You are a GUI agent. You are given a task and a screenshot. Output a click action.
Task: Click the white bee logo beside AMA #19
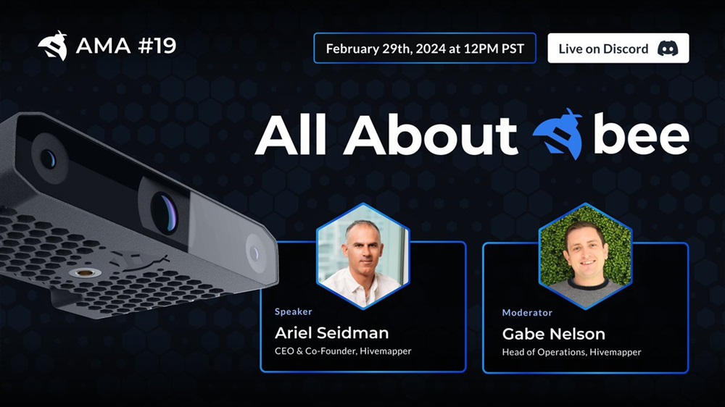[53, 46]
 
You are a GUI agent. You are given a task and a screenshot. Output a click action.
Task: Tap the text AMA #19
[125, 46]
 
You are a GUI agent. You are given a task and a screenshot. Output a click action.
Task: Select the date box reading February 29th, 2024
[425, 48]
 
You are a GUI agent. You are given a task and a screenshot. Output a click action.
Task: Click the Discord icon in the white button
[668, 48]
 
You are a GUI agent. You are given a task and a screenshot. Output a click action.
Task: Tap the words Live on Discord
[603, 49]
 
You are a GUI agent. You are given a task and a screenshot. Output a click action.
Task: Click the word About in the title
[430, 135]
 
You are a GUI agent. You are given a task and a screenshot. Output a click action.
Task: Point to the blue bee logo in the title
[558, 134]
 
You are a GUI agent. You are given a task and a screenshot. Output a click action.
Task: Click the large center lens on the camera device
[165, 212]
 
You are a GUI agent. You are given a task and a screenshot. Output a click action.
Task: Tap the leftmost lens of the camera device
[48, 159]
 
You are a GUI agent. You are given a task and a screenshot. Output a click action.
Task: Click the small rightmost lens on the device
[254, 253]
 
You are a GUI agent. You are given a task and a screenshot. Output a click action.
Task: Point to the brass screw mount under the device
[85, 272]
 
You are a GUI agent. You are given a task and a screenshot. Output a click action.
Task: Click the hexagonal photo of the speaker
[363, 256]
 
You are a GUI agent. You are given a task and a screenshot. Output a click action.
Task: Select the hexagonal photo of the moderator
[585, 256]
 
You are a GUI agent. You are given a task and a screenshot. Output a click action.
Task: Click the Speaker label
[293, 311]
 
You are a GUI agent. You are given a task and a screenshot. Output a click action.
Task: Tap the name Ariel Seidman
[331, 332]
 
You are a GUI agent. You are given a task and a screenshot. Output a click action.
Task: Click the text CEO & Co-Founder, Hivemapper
[343, 351]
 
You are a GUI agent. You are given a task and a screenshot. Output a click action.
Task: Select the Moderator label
[527, 313]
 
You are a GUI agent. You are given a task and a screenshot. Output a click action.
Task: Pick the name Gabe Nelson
[553, 334]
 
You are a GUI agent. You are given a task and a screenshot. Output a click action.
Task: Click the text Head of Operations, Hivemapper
[571, 352]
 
